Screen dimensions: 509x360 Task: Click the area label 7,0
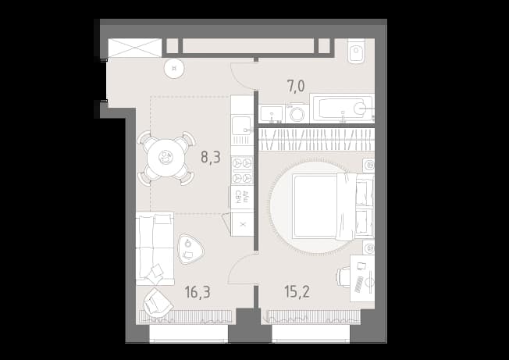[296, 87]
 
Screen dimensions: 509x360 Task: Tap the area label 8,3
[211, 157]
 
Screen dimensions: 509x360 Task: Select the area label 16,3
[198, 292]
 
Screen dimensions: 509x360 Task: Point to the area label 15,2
[297, 291]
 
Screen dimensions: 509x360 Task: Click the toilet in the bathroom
[357, 51]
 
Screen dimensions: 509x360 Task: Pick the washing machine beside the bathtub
[297, 113]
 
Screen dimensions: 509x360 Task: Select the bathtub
[342, 109]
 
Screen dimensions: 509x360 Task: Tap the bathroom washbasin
[272, 114]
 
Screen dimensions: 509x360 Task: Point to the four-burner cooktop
[242, 171]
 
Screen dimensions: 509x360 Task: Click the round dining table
[166, 158]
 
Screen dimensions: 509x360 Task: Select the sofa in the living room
[155, 248]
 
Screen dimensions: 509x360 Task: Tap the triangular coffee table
[190, 249]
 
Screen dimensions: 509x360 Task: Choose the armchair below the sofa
[157, 303]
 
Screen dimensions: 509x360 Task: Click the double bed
[333, 206]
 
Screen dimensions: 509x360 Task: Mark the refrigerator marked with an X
[242, 224]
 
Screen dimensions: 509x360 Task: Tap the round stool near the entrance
[174, 69]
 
